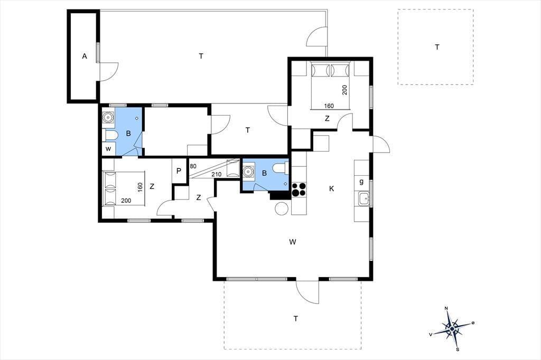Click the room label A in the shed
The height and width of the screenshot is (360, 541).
[85, 56]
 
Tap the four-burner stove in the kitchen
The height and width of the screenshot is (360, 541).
[299, 190]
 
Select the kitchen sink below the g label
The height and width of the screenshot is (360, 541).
[363, 199]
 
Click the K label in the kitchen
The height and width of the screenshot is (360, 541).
[332, 188]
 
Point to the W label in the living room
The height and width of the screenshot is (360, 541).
[293, 242]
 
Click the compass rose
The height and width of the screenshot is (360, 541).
[452, 329]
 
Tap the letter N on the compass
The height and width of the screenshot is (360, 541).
[446, 308]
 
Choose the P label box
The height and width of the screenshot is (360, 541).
[179, 171]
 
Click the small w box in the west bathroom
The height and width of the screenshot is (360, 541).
[108, 149]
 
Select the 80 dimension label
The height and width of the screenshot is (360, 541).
[193, 166]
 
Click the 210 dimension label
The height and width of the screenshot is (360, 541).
[216, 175]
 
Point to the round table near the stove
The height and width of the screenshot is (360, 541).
[282, 209]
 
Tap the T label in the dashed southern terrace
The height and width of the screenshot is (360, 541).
[296, 319]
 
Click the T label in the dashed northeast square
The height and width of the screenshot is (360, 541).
[437, 47]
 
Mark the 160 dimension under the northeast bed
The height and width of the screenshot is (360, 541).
[329, 106]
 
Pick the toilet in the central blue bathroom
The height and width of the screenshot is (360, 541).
[280, 168]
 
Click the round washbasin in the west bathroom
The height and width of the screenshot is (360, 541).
[108, 117]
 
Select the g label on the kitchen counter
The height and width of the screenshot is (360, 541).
[361, 182]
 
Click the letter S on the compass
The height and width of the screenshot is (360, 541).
[458, 349]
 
